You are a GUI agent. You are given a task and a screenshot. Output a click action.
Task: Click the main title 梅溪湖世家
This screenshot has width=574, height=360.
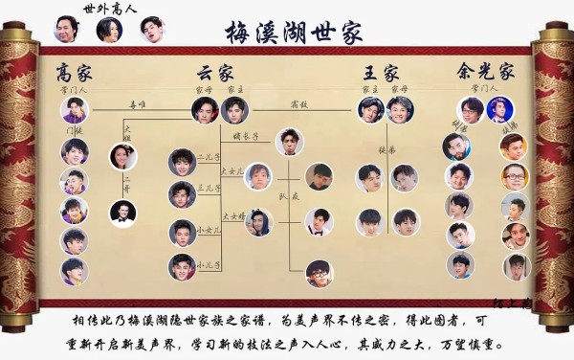(x=294, y=33)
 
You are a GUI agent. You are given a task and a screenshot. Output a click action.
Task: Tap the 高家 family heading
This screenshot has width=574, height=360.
(x=74, y=72)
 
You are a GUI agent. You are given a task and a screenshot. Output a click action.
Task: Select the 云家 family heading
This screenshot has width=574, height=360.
(x=216, y=72)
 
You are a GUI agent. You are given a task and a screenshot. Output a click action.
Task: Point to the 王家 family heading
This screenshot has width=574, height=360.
(x=381, y=72)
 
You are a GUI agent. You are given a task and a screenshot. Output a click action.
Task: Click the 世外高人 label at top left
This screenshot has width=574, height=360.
(x=110, y=8)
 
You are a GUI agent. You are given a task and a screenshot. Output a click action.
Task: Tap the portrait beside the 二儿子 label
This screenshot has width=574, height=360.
(x=182, y=162)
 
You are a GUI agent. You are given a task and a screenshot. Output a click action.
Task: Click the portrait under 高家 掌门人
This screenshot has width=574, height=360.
(x=74, y=109)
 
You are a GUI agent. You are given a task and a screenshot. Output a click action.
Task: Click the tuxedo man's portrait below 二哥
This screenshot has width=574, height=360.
(x=121, y=213)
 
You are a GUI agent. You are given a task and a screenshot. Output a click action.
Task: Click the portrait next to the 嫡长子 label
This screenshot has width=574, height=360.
(x=290, y=142)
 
